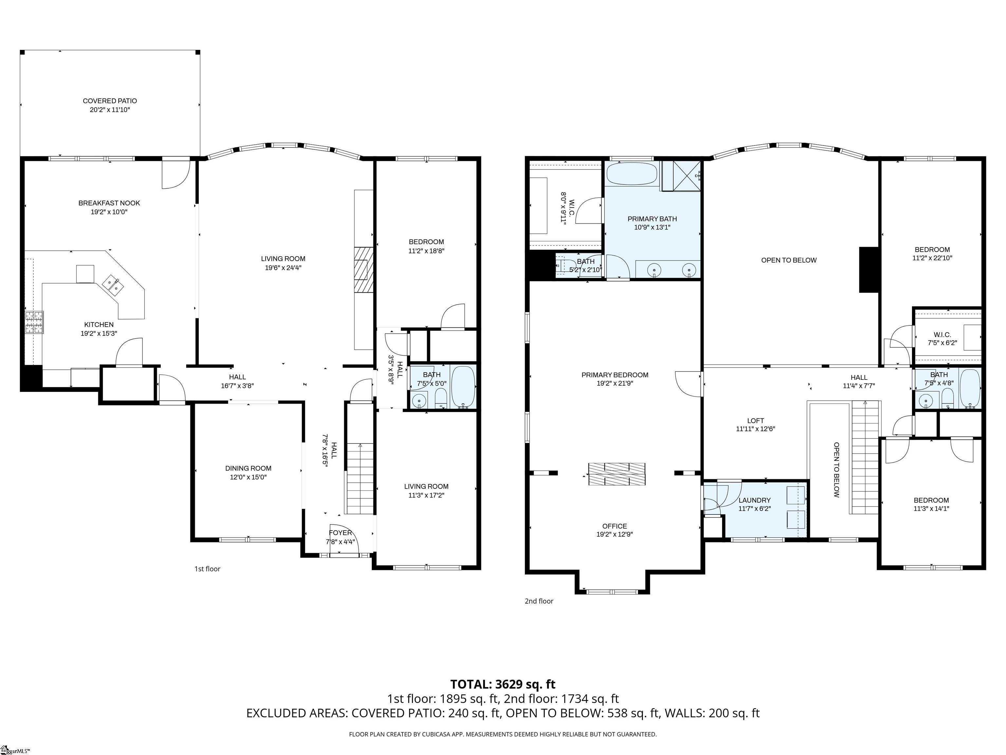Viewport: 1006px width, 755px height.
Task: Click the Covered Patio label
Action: pos(110,101)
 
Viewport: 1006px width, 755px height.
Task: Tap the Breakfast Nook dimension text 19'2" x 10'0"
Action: pos(109,212)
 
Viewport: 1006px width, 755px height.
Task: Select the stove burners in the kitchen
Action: pos(35,322)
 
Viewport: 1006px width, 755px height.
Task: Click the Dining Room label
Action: pos(248,468)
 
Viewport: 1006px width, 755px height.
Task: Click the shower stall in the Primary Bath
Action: pos(681,176)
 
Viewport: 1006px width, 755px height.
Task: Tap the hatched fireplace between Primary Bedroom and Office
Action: pos(617,474)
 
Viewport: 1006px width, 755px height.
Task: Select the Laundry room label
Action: pos(754,500)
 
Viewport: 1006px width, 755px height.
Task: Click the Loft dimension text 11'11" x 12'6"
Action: pos(755,429)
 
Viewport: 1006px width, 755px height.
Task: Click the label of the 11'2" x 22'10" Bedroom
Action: pos(932,249)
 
